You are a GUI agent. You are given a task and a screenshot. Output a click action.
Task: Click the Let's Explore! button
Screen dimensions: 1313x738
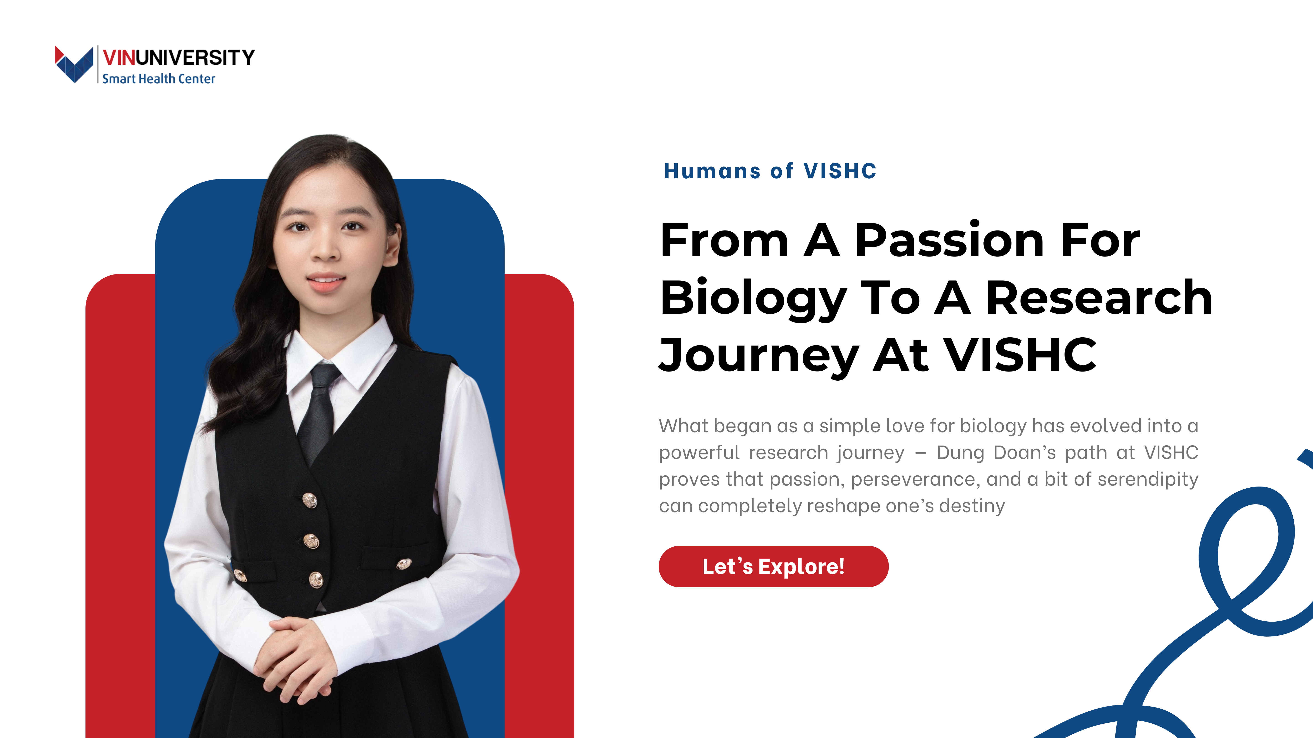click(x=773, y=566)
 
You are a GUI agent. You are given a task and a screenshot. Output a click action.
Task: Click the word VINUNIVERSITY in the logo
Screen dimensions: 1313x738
click(x=178, y=58)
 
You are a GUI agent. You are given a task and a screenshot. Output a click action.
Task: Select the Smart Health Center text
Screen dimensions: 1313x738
click(x=158, y=79)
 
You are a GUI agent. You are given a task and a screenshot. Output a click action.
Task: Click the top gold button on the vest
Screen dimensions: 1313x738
click(x=309, y=501)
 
